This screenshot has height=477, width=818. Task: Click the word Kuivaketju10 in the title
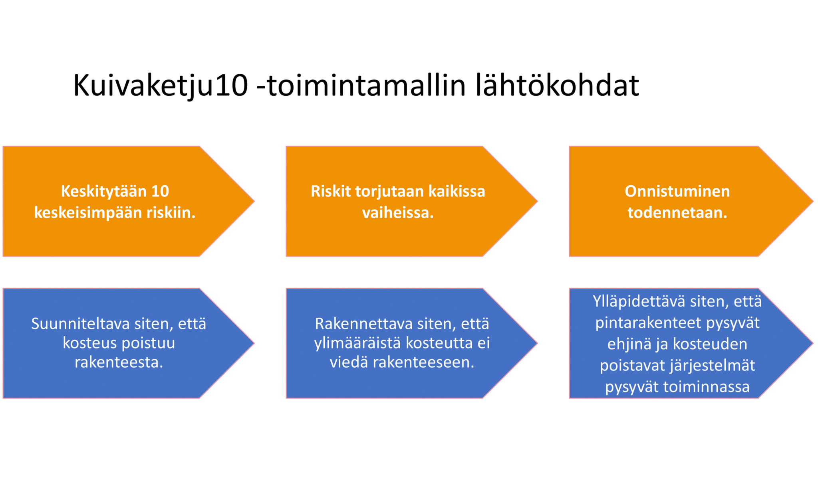click(161, 86)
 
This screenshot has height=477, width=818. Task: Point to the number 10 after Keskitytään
click(160, 191)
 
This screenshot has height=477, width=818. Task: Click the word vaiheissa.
click(398, 212)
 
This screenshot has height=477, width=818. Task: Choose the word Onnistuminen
click(677, 191)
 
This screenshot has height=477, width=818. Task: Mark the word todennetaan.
click(677, 212)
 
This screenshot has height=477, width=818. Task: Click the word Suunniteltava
click(80, 324)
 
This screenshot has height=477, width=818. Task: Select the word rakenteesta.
click(119, 362)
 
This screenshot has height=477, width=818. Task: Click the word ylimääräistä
click(358, 343)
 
